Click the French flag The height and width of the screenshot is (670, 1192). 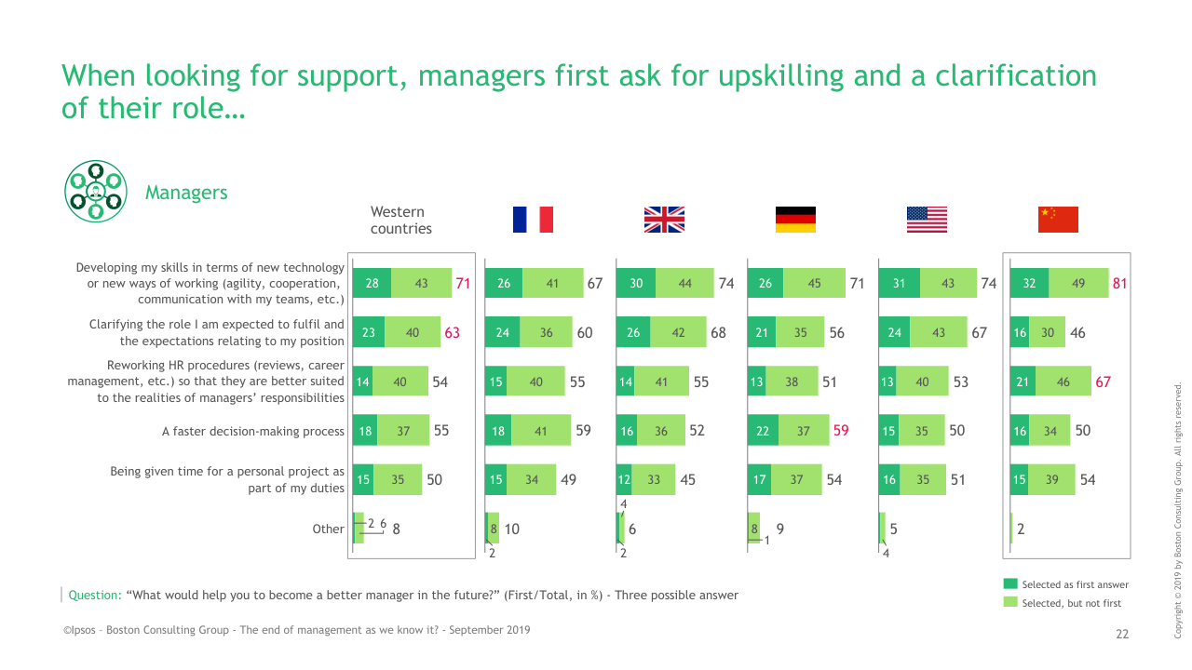pos(533,220)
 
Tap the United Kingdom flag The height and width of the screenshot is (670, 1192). pos(664,220)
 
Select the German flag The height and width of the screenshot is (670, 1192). pos(795,220)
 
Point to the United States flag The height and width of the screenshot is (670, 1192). pos(927,220)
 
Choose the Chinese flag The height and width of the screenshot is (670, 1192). pos(1058,220)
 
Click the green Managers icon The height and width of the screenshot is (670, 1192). pos(94,191)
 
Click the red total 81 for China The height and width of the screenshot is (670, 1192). pos(1120,284)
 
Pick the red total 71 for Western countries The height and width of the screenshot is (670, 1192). pos(462,284)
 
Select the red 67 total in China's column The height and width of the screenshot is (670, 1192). pos(1104,382)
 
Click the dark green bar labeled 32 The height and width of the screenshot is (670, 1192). pos(1029,284)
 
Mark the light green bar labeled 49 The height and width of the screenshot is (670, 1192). pos(1078,284)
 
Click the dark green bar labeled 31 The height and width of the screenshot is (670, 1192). pos(899,284)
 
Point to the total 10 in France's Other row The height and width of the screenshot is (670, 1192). pos(511,529)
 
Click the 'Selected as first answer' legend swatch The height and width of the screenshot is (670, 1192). pos(1010,584)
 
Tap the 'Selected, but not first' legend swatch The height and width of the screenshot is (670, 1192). pos(1010,603)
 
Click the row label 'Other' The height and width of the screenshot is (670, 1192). pos(328,529)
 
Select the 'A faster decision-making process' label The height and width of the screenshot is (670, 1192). pos(253,431)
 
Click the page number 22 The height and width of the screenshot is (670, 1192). pos(1122,634)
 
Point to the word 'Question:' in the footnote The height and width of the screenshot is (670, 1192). pos(95,596)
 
